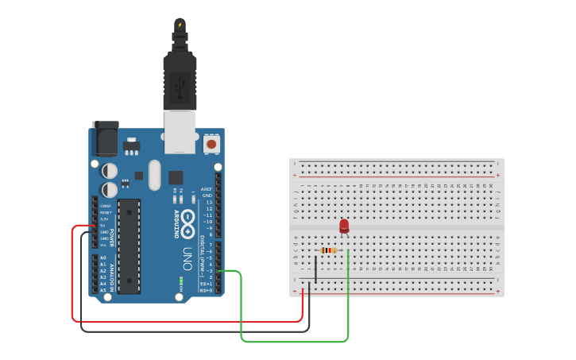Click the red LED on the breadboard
point(344,226)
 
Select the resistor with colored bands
point(328,250)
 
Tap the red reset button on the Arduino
point(211,144)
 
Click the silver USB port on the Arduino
point(180,131)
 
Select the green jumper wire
point(294,342)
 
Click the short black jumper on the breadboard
point(316,268)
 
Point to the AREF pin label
point(207,189)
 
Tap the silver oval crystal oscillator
point(154,175)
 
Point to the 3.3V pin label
point(104,219)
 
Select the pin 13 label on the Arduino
point(208,202)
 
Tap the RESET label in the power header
point(105,212)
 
